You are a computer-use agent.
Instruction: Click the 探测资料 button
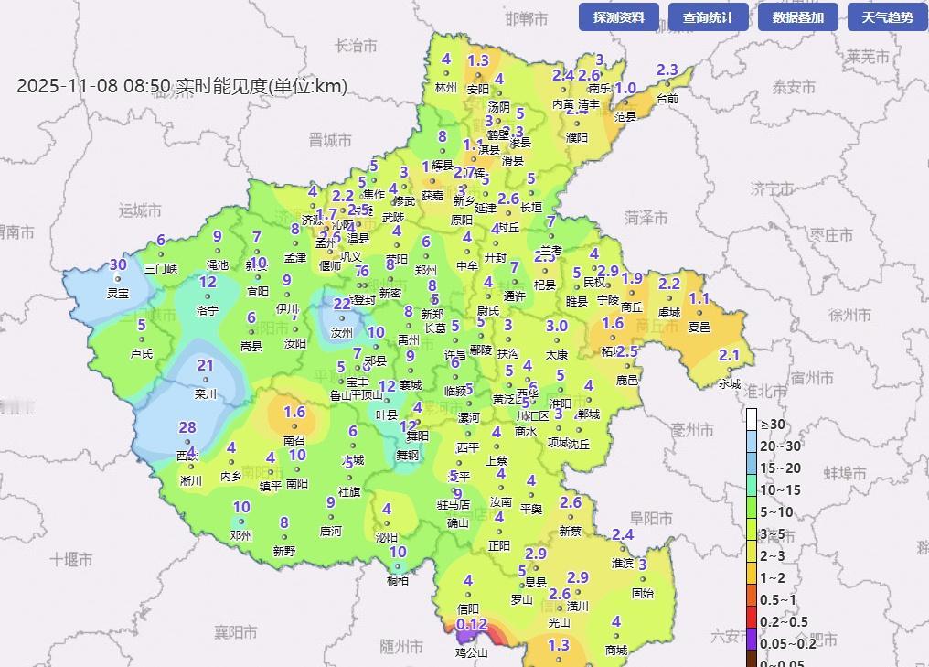pyautogui.click(x=618, y=17)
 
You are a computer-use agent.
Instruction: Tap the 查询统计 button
pyautogui.click(x=708, y=17)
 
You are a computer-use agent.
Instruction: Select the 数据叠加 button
pyautogui.click(x=797, y=17)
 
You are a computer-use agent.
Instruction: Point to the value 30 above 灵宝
pyautogui.click(x=118, y=265)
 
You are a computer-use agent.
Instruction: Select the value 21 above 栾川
pyautogui.click(x=206, y=366)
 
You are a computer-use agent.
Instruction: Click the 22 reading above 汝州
pyautogui.click(x=341, y=304)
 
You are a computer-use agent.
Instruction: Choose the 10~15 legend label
pyautogui.click(x=780, y=489)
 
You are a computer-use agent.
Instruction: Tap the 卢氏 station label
pyautogui.click(x=142, y=353)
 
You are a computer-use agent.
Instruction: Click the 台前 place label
pyautogui.click(x=667, y=98)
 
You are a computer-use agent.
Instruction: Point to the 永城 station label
pyautogui.click(x=730, y=384)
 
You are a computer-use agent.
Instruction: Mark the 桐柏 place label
pyautogui.click(x=398, y=580)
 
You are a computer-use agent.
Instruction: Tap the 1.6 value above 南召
pyautogui.click(x=294, y=413)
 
